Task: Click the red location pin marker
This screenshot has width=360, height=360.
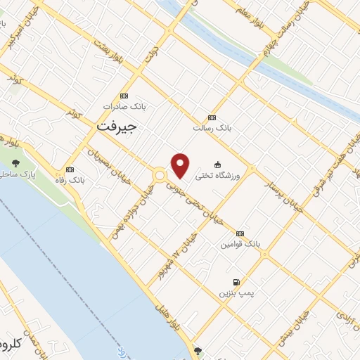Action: (x=181, y=165)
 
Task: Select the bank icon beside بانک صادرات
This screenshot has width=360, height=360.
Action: (x=124, y=96)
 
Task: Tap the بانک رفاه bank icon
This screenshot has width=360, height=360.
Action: (x=70, y=169)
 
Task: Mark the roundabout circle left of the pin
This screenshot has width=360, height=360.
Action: (x=160, y=175)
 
